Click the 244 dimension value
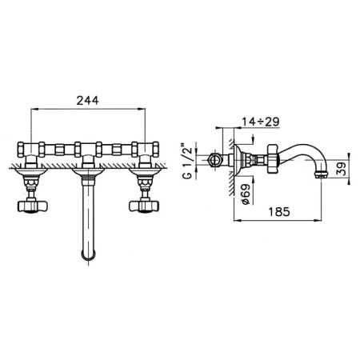click(87, 101)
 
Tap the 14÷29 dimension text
click(261, 122)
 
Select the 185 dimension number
click(279, 212)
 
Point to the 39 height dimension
click(342, 169)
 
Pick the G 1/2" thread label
click(187, 162)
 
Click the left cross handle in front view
click(33, 206)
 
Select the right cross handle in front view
click(144, 206)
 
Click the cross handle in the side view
click(273, 158)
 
